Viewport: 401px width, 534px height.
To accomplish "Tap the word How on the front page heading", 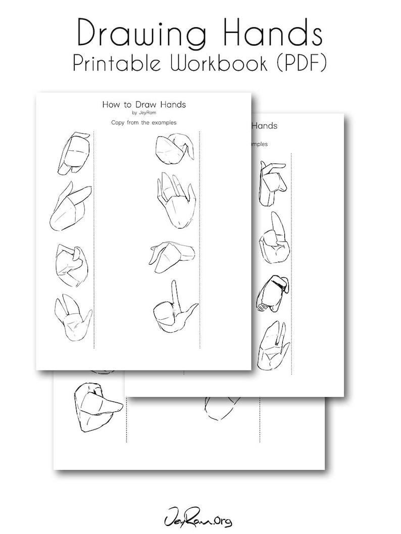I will [111, 105].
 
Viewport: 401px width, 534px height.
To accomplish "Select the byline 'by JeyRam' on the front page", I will [144, 113].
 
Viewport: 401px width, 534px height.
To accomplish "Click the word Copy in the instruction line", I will [119, 122].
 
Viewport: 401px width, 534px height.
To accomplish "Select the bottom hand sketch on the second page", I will [273, 345].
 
